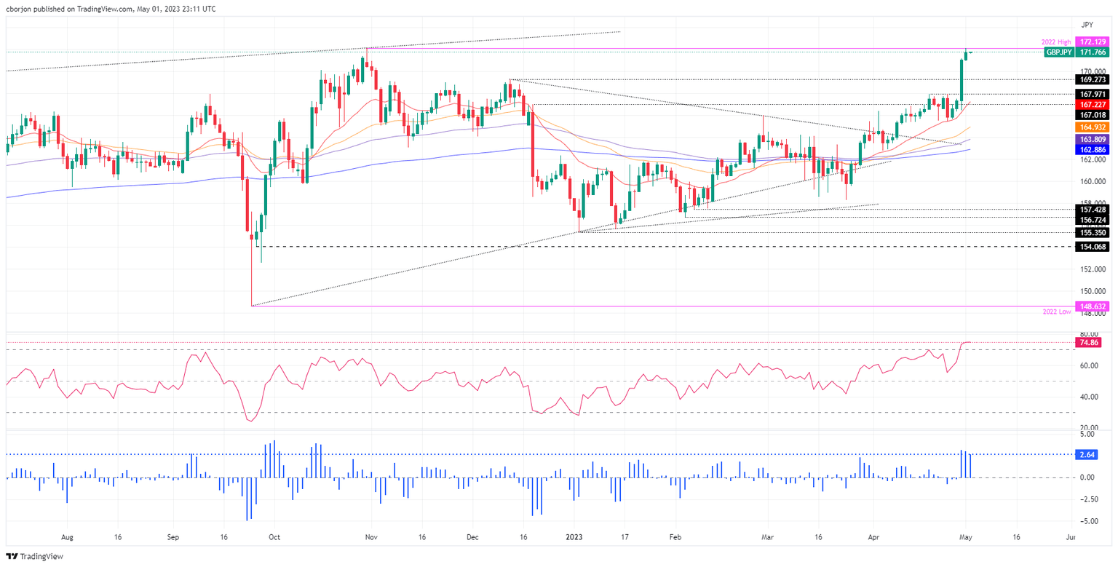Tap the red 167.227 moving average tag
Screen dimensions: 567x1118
1093,105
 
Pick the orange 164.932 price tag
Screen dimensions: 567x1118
1093,127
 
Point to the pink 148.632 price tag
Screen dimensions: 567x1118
1093,306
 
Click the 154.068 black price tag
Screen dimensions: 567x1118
1093,247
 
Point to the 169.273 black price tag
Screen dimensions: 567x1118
1093,79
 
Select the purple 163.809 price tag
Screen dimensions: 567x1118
1093,138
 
